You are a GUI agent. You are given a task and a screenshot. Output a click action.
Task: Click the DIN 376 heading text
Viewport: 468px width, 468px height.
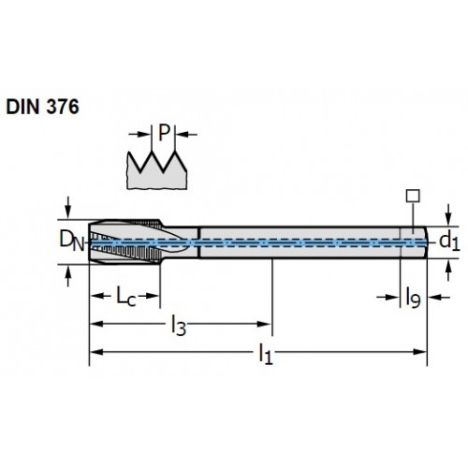[x=42, y=107]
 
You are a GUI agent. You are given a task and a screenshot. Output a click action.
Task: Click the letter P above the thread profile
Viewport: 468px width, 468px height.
[x=164, y=133]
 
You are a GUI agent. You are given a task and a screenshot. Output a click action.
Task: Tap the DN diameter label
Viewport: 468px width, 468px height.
[x=72, y=241]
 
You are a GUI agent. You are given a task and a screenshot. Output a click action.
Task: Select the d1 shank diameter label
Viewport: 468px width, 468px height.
[x=449, y=242]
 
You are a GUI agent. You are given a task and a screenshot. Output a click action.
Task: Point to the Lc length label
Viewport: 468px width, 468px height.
[x=126, y=297]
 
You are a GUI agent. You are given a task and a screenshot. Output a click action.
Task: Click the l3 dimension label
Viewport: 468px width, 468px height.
[x=179, y=326]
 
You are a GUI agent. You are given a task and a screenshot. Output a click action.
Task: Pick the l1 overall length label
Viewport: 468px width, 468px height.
[x=266, y=355]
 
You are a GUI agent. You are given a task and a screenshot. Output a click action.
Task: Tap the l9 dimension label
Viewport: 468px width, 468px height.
[x=413, y=299]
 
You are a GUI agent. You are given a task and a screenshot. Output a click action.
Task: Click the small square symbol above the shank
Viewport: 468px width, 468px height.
[x=413, y=196]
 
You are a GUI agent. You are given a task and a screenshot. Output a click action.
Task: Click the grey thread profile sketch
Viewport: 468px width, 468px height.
[x=156, y=170]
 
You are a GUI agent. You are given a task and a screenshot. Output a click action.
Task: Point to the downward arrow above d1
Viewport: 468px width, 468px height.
[x=448, y=214]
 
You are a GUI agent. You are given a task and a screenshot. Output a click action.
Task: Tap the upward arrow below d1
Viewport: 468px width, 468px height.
[x=448, y=271]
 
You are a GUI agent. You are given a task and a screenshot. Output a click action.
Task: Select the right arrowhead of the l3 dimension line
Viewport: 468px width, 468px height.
[x=264, y=324]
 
